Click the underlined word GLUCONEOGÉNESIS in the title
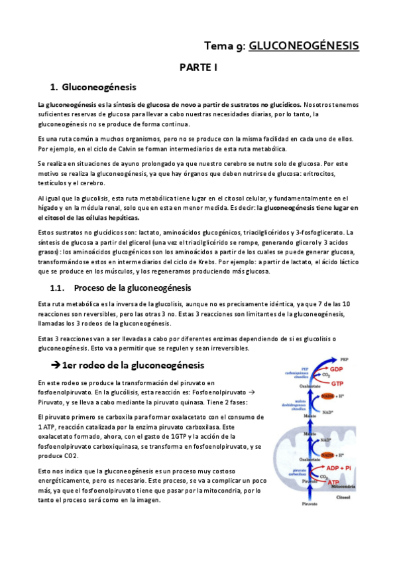point(304,45)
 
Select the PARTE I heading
point(198,68)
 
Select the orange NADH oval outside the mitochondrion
point(326,396)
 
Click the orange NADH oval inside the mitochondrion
point(327,454)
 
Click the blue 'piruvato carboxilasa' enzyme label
point(292,474)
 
